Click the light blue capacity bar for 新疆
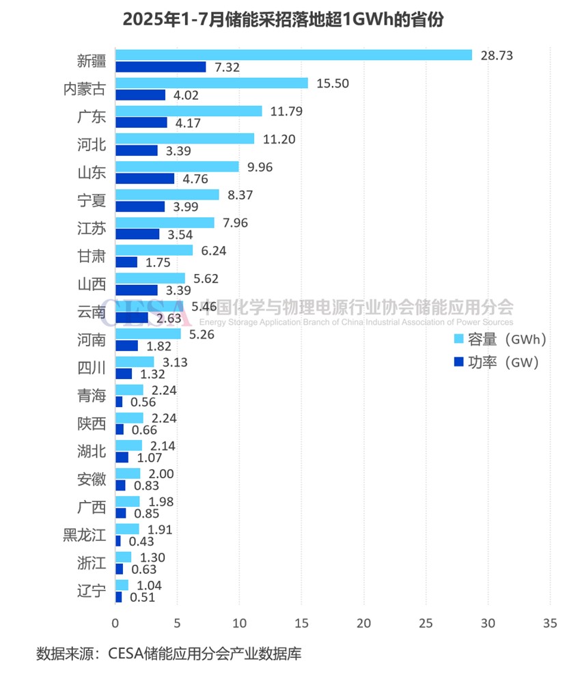tap(294, 55)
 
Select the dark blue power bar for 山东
tap(145, 179)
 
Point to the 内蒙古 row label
tap(85, 89)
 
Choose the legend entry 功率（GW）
tap(496, 362)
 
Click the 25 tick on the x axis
tap(426, 623)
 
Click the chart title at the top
tap(283, 20)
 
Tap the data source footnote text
tap(169, 653)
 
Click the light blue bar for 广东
tap(189, 111)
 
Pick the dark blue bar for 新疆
tap(161, 67)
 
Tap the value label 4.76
tap(193, 179)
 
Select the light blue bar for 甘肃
tap(154, 251)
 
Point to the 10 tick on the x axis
tap(239, 623)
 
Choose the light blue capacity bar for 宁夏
tap(167, 195)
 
